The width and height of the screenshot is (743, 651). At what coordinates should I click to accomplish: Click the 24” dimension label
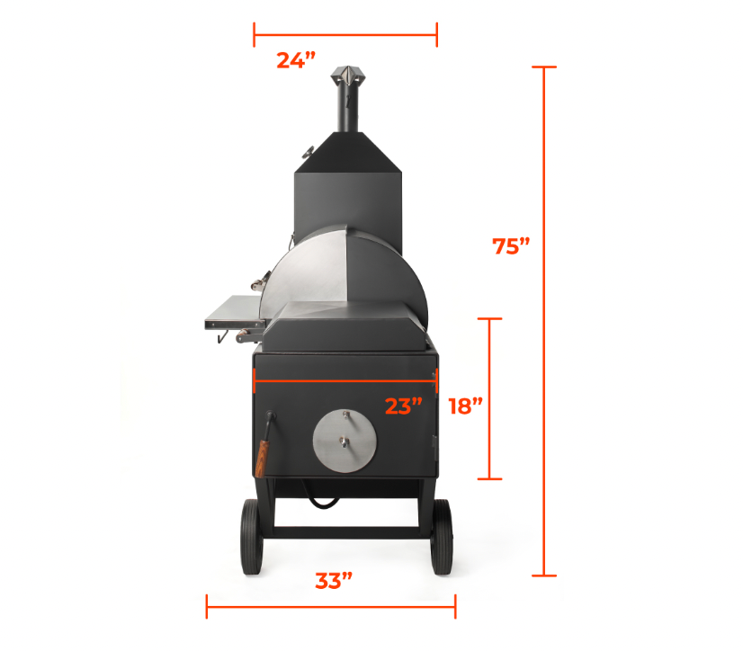[296, 60]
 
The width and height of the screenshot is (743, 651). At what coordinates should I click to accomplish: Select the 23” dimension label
[404, 406]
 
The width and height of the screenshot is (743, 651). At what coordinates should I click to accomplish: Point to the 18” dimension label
[465, 406]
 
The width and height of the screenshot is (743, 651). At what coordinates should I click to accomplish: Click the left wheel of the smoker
[250, 537]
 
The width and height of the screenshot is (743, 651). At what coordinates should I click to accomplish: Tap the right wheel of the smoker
[442, 537]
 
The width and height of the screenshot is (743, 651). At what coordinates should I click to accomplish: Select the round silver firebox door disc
[345, 441]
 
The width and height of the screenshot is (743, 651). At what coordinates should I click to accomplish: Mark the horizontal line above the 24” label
[345, 36]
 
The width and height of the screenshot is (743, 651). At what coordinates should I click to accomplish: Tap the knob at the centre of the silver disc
[345, 440]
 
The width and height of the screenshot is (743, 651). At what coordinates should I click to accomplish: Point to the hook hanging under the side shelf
[219, 336]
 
